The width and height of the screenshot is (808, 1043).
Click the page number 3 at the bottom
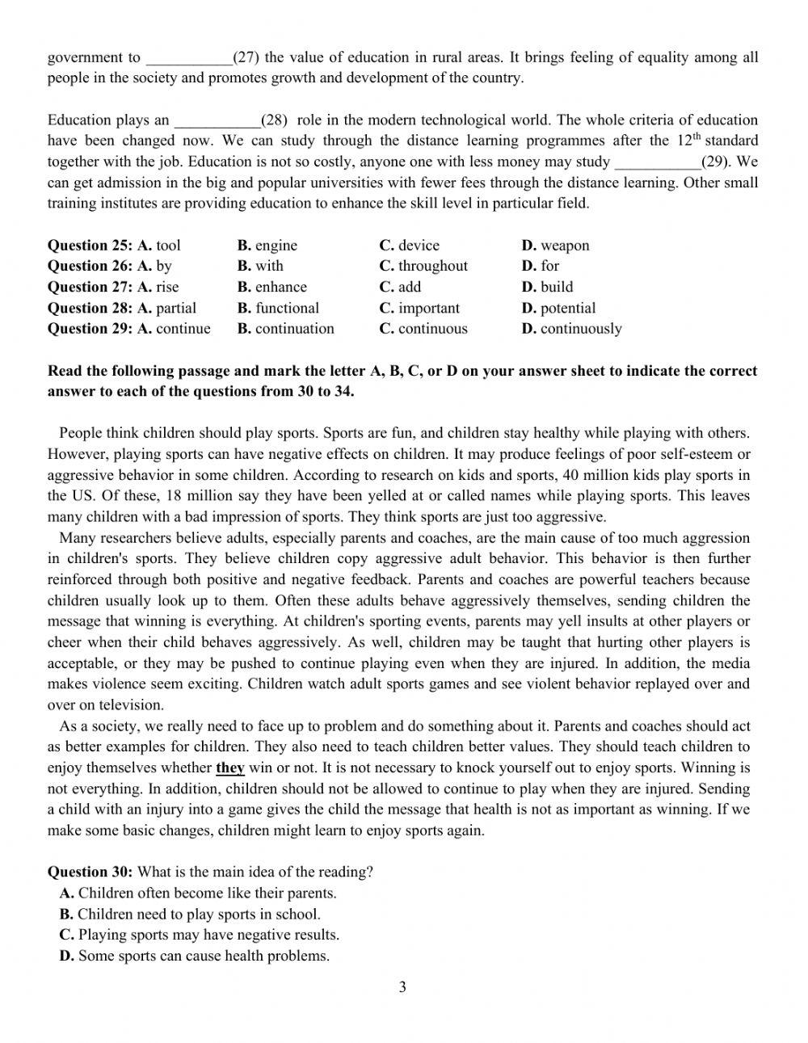pyautogui.click(x=402, y=986)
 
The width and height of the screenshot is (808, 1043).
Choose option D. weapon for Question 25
pyautogui.click(x=555, y=246)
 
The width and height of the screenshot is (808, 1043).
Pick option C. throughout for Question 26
pyautogui.click(x=423, y=266)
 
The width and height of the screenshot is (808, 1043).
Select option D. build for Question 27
pyautogui.click(x=547, y=287)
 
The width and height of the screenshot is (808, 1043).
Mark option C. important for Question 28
pyautogui.click(x=419, y=308)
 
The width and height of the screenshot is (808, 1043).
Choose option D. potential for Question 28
pyautogui.click(x=558, y=308)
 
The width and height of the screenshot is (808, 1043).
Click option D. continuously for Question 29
pyautogui.click(x=571, y=329)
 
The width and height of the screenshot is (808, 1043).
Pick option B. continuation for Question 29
pyautogui.click(x=285, y=329)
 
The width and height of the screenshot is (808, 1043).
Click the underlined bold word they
pyautogui.click(x=230, y=768)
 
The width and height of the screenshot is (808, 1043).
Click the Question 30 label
pyautogui.click(x=90, y=873)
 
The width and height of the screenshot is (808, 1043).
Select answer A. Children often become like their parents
pyautogui.click(x=198, y=894)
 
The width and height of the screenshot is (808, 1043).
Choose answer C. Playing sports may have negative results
pyautogui.click(x=199, y=936)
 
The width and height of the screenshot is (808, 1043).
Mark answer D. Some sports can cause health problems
pyautogui.click(x=194, y=957)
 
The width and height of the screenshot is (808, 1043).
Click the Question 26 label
pyautogui.click(x=90, y=266)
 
